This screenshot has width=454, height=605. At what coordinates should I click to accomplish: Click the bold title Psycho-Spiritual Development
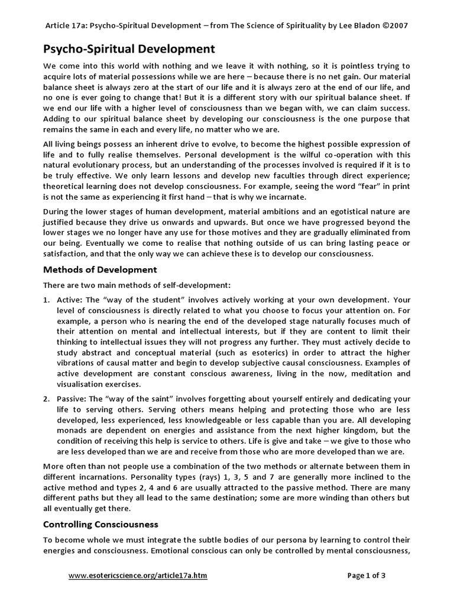[x=129, y=48]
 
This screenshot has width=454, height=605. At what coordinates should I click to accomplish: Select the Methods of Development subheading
[x=100, y=269]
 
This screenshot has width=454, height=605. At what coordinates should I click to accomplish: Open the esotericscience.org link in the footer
[x=138, y=575]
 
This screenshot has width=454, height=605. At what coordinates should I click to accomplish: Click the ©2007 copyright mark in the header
[x=391, y=25]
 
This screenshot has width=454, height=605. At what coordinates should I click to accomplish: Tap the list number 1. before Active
[x=47, y=300]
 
